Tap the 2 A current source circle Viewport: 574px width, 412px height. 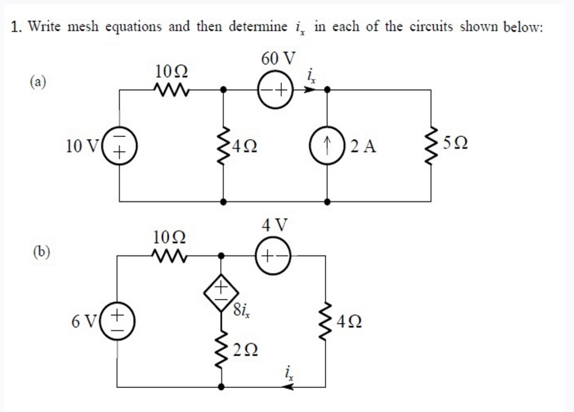327,147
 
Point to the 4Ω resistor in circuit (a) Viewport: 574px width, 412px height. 223,147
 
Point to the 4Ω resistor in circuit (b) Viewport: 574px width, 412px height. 326,322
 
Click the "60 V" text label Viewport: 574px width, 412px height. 279,58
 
